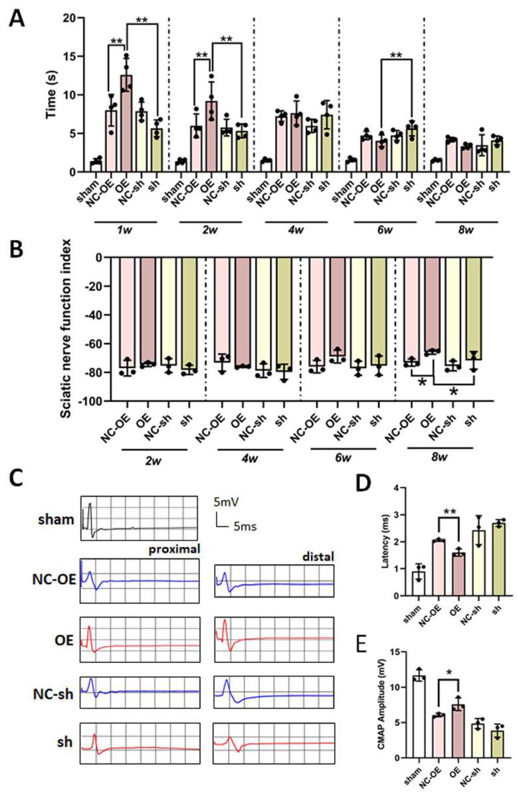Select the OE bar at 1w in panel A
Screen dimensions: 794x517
pos(126,124)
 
